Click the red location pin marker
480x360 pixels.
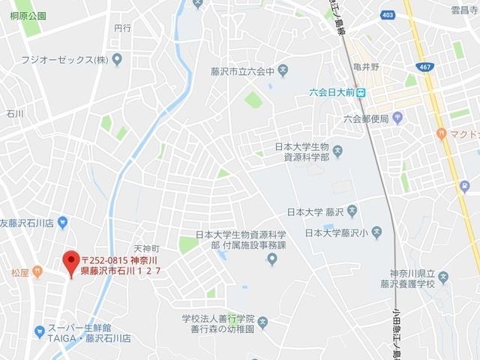click(x=71, y=262)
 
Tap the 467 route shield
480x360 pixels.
click(x=426, y=67)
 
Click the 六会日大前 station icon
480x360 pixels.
click(x=361, y=93)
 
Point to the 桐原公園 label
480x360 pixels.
click(x=28, y=15)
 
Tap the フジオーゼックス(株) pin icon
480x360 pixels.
click(x=116, y=59)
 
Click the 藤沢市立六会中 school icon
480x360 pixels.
click(x=283, y=73)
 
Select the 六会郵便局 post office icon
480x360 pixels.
click(x=397, y=118)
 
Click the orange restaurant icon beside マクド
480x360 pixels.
click(x=441, y=133)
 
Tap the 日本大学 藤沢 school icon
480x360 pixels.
click(x=352, y=212)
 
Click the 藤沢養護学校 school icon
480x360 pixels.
click(x=442, y=277)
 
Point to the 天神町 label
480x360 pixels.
click(x=146, y=248)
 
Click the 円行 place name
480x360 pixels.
click(x=122, y=28)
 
